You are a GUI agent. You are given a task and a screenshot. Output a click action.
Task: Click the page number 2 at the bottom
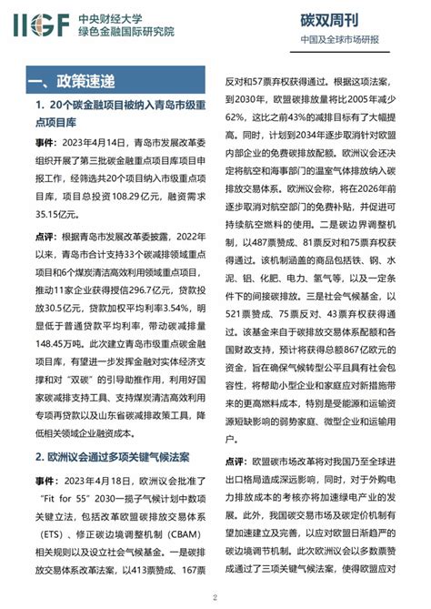tap(215, 597)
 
